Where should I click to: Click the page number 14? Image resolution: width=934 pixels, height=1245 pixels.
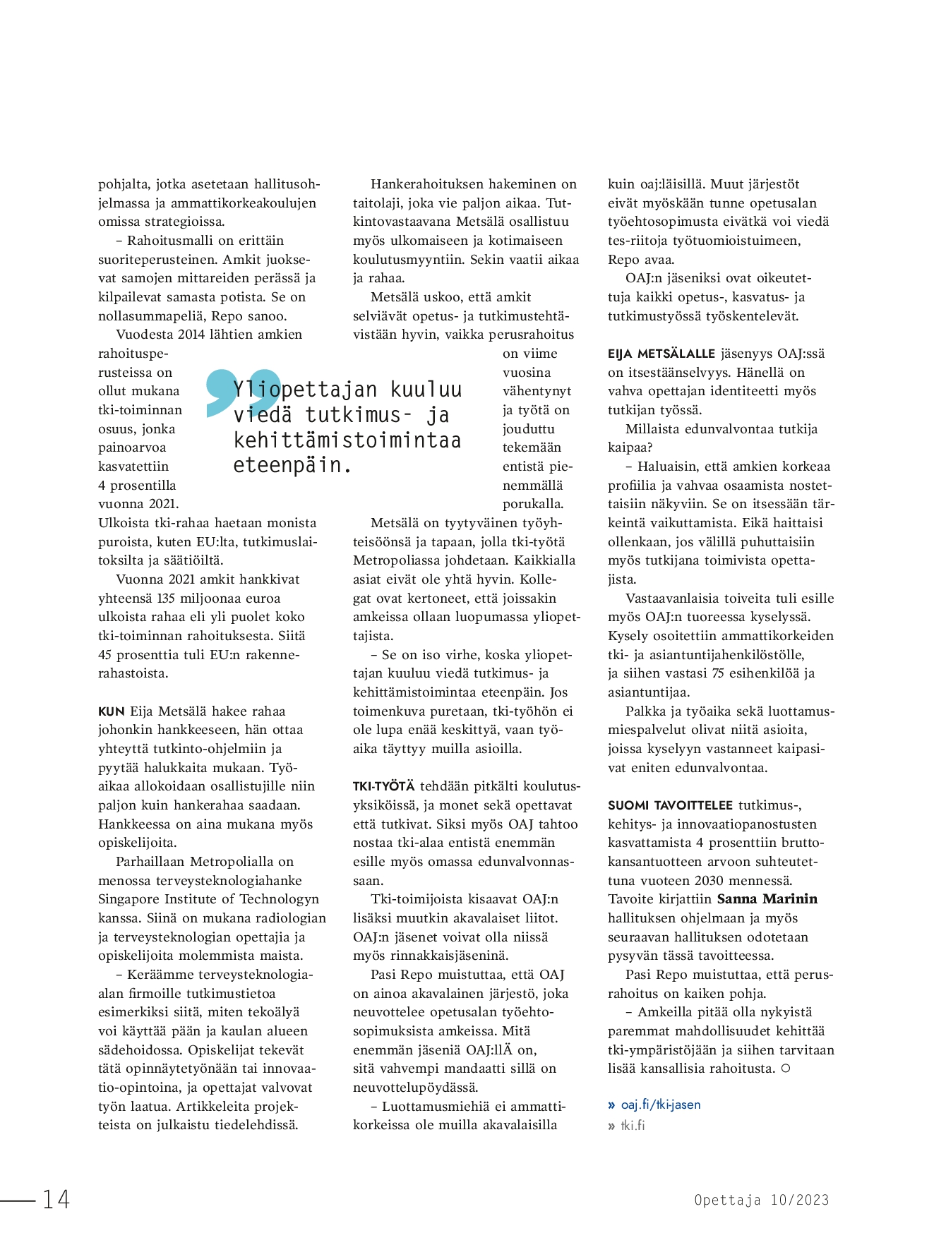[x=56, y=1199]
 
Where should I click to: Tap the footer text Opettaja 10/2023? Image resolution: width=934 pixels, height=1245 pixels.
[x=761, y=1200]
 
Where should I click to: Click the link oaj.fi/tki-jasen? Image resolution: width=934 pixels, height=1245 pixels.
[x=660, y=1105]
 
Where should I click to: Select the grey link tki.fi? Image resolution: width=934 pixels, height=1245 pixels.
[x=633, y=1125]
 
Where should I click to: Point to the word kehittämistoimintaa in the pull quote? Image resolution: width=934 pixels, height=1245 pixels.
[x=347, y=440]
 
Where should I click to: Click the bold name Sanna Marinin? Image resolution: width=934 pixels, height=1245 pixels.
[x=767, y=899]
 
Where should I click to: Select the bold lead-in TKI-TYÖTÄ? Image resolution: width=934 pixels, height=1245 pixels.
[x=383, y=786]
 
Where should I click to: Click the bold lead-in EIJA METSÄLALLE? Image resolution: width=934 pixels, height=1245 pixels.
[x=661, y=354]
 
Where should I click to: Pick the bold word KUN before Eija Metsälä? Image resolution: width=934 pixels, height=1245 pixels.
[x=112, y=711]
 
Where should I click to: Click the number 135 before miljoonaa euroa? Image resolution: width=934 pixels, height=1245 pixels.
[x=166, y=599]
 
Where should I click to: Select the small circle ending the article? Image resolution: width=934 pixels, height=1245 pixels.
[x=786, y=1069]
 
